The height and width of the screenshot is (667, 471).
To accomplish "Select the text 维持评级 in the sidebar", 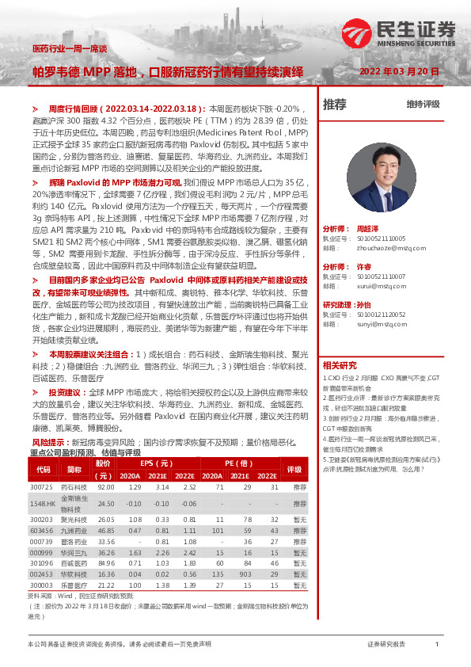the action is tap(423, 104).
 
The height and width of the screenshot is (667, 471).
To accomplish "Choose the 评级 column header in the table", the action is tap(294, 469).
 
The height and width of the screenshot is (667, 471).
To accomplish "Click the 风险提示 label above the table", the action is tap(48, 442).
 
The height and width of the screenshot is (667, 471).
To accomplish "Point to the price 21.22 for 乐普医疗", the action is tap(105, 585).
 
